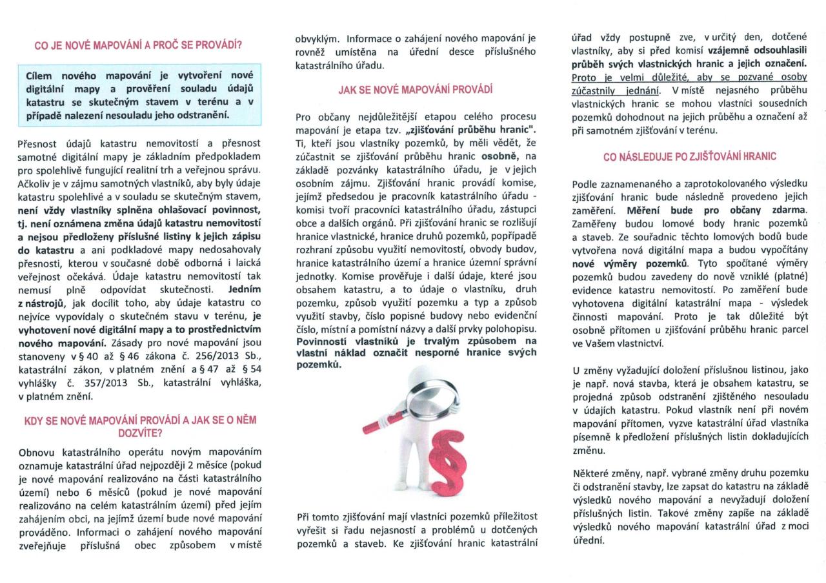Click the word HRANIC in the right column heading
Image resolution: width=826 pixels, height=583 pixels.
[760, 156]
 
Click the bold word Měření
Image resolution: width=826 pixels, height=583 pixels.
[646, 210]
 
